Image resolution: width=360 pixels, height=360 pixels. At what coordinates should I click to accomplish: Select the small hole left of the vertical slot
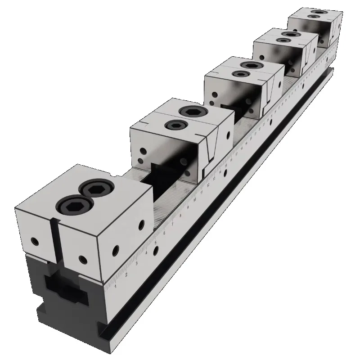33,240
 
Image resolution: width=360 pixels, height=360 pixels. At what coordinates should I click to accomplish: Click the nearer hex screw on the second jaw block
174,125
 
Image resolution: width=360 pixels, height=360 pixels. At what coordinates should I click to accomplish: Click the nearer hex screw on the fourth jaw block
283,40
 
